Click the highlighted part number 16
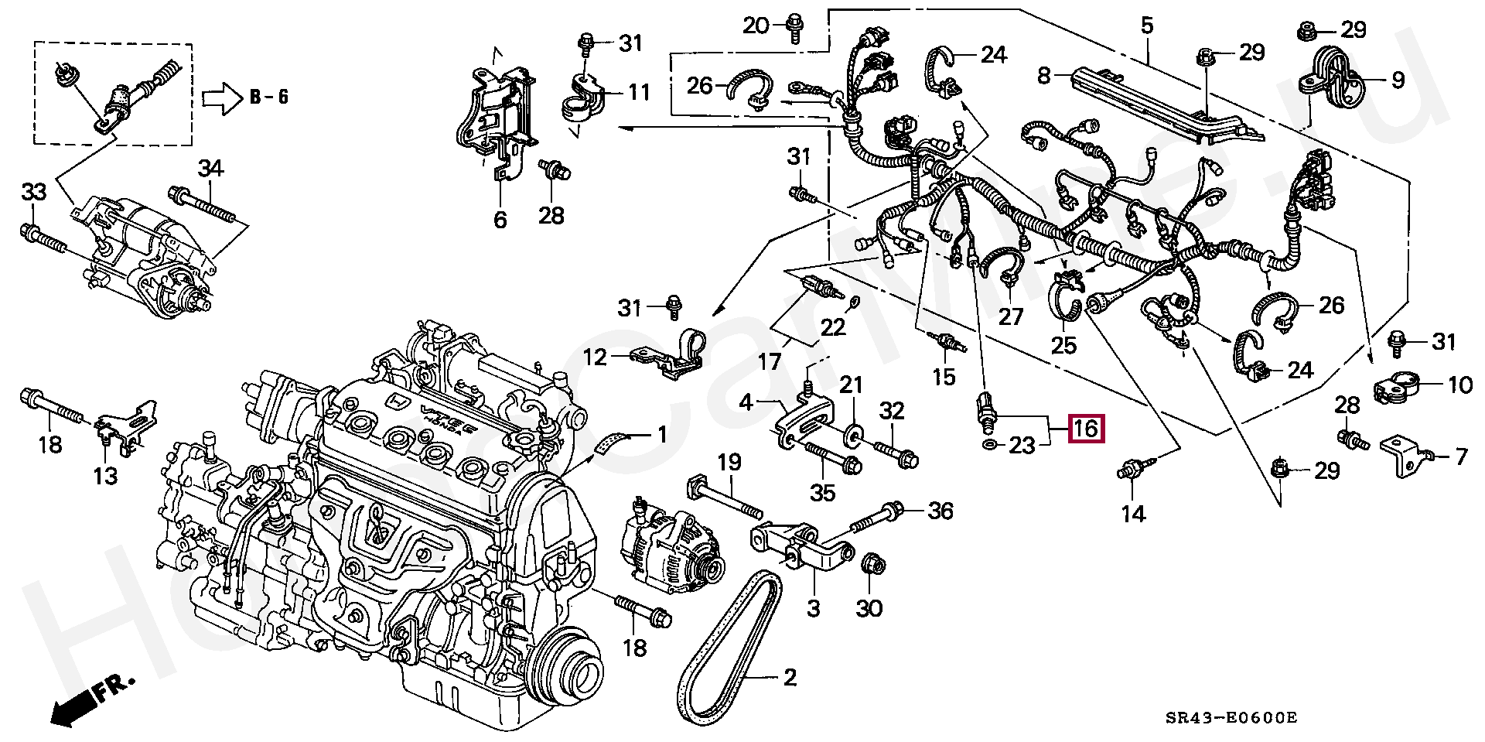click(x=1086, y=429)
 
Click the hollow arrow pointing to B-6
click(x=222, y=99)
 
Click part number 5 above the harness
click(x=1146, y=26)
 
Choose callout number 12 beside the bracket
click(x=595, y=357)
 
